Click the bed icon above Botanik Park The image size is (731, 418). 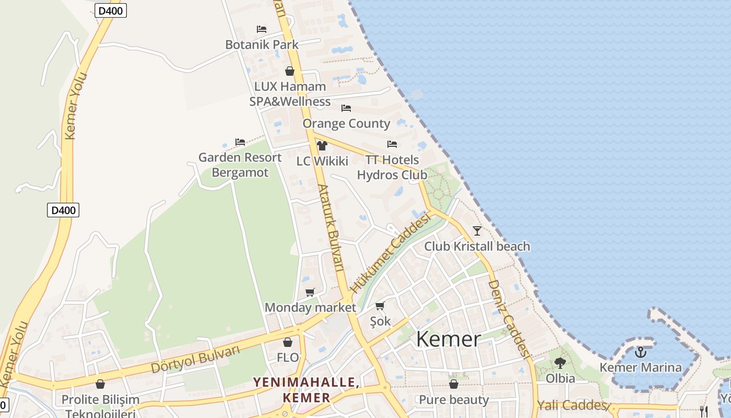click(262, 29)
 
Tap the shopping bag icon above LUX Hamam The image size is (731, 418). click(290, 71)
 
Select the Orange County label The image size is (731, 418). click(346, 124)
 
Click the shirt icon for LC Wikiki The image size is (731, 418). click(322, 146)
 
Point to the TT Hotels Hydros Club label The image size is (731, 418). click(392, 168)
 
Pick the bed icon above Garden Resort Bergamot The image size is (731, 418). click(240, 142)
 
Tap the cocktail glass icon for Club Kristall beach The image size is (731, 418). click(477, 230)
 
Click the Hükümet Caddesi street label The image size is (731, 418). click(391, 253)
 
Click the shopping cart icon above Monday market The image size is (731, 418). click(310, 292)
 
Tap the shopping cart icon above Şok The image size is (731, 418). click(380, 306)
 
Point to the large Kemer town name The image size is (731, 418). click(448, 339)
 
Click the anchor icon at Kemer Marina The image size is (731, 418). click(640, 352)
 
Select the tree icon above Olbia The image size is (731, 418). click(560, 363)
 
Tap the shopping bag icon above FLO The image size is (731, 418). click(287, 343)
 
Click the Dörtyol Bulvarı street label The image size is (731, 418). click(195, 359)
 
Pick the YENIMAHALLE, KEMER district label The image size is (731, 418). click(306, 390)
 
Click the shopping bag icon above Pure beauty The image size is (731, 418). click(454, 385)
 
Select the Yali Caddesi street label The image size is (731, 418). click(572, 405)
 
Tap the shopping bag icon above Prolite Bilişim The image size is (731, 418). click(100, 385)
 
